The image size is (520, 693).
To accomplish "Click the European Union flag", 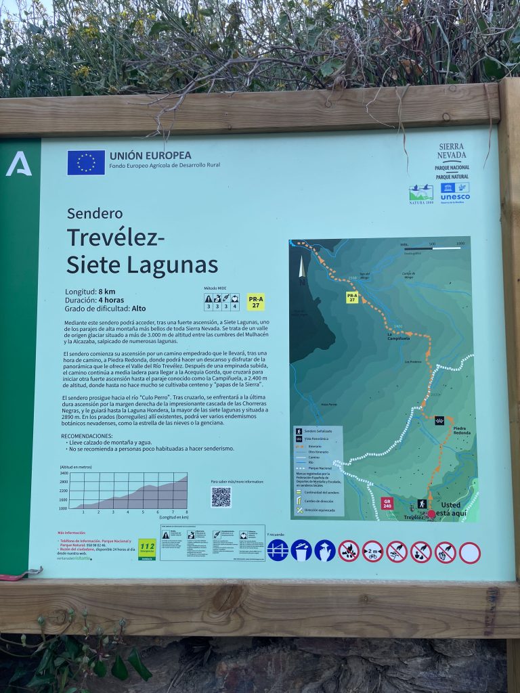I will (86, 162).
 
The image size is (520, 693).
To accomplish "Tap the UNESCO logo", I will (455, 192).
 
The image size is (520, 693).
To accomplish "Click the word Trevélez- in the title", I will (116, 238).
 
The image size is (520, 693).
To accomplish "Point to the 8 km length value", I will (106, 292).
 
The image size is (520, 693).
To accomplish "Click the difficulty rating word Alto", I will (138, 308).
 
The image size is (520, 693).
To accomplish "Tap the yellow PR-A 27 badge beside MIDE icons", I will (255, 301).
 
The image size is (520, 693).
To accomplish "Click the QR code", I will (221, 497).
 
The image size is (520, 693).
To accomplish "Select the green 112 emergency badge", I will (147, 548).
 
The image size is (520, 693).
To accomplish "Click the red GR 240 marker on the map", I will (387, 503).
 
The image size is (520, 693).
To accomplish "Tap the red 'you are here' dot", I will (431, 514).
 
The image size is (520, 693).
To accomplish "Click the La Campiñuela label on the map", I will (398, 336).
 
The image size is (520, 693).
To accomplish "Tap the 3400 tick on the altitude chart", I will (63, 473).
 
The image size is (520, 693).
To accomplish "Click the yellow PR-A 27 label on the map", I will (352, 297).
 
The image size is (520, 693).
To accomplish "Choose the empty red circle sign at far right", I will (469, 552).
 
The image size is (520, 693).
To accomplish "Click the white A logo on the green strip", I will (19, 164).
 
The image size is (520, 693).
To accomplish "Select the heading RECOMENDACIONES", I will (86, 436).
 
